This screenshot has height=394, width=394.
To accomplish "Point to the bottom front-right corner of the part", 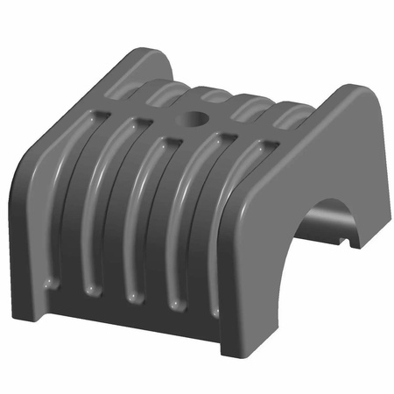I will [x=230, y=350].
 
